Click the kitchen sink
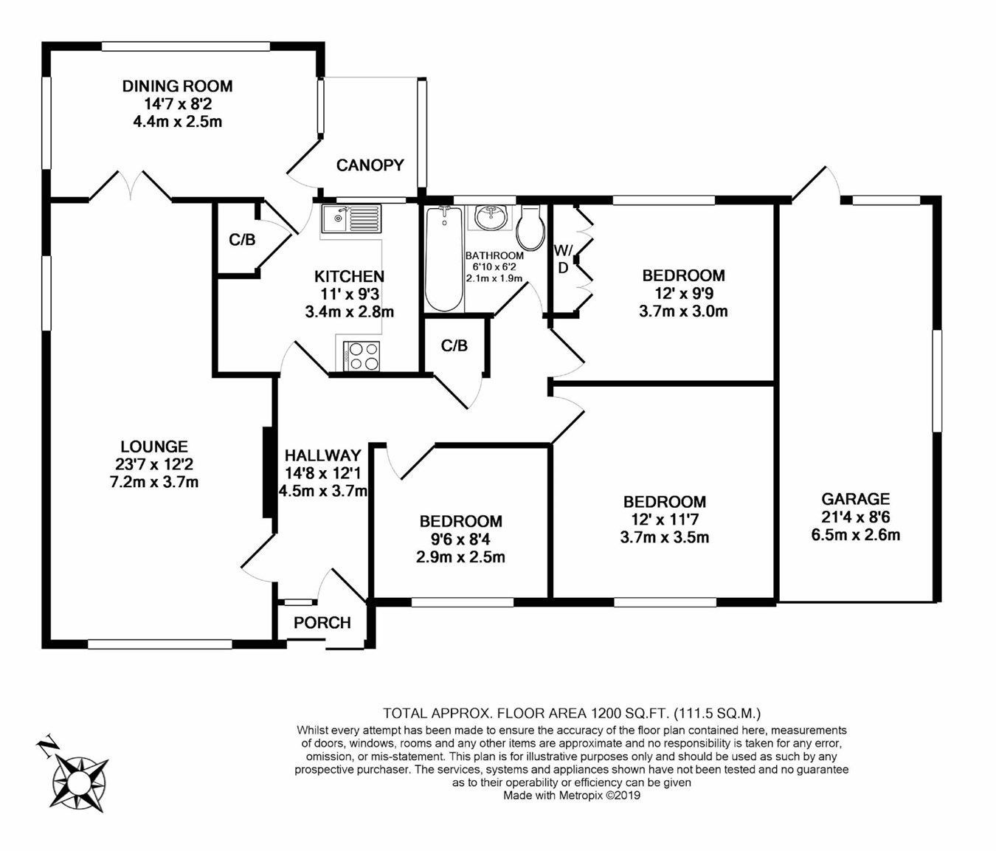351,219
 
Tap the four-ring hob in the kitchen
362,356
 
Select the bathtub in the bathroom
444,258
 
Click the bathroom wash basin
490,218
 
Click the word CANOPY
370,165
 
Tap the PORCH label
322,623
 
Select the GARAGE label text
855,498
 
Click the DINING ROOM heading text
177,86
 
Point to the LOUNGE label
154,446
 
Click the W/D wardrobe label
563,259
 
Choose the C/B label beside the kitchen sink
242,240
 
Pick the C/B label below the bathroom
454,345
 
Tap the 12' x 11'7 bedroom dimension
665,520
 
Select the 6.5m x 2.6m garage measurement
856,534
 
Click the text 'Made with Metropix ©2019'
572,795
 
